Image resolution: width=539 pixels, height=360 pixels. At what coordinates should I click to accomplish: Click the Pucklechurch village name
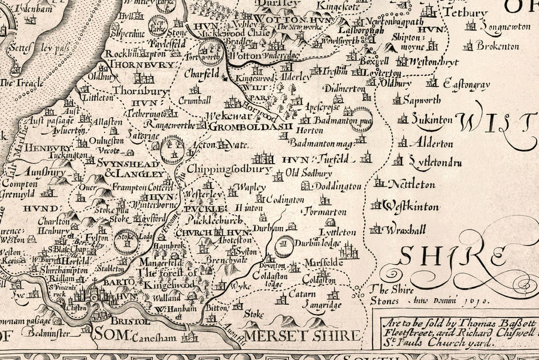pyautogui.click(x=204, y=220)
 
